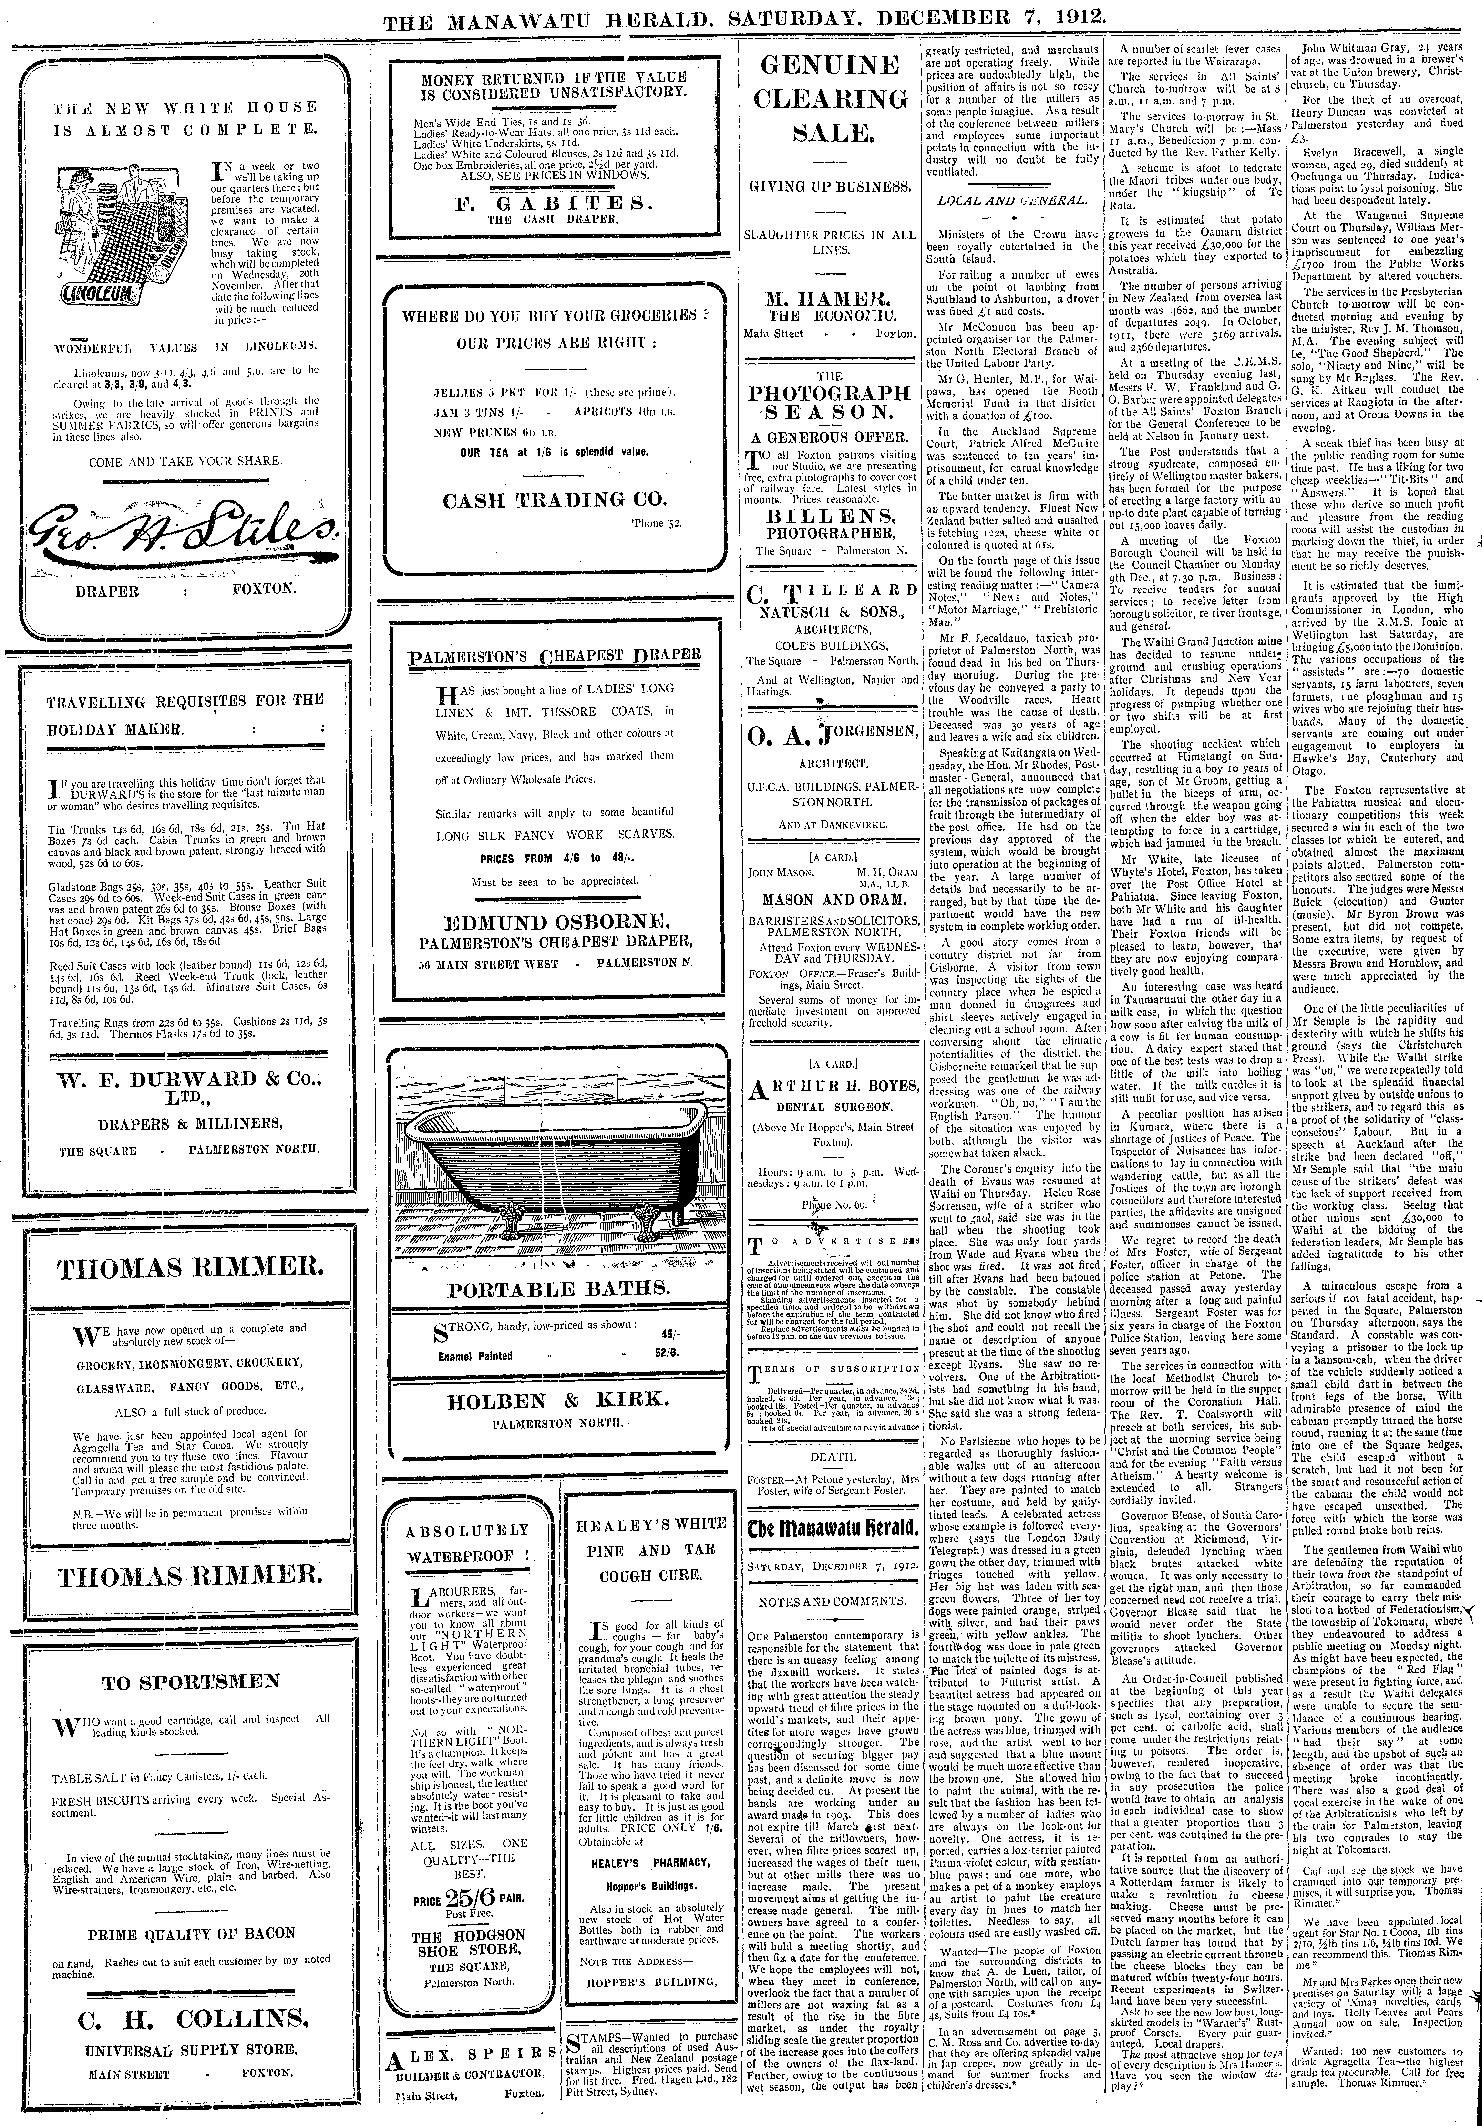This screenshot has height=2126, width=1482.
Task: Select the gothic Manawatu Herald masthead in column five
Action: (833, 1528)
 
